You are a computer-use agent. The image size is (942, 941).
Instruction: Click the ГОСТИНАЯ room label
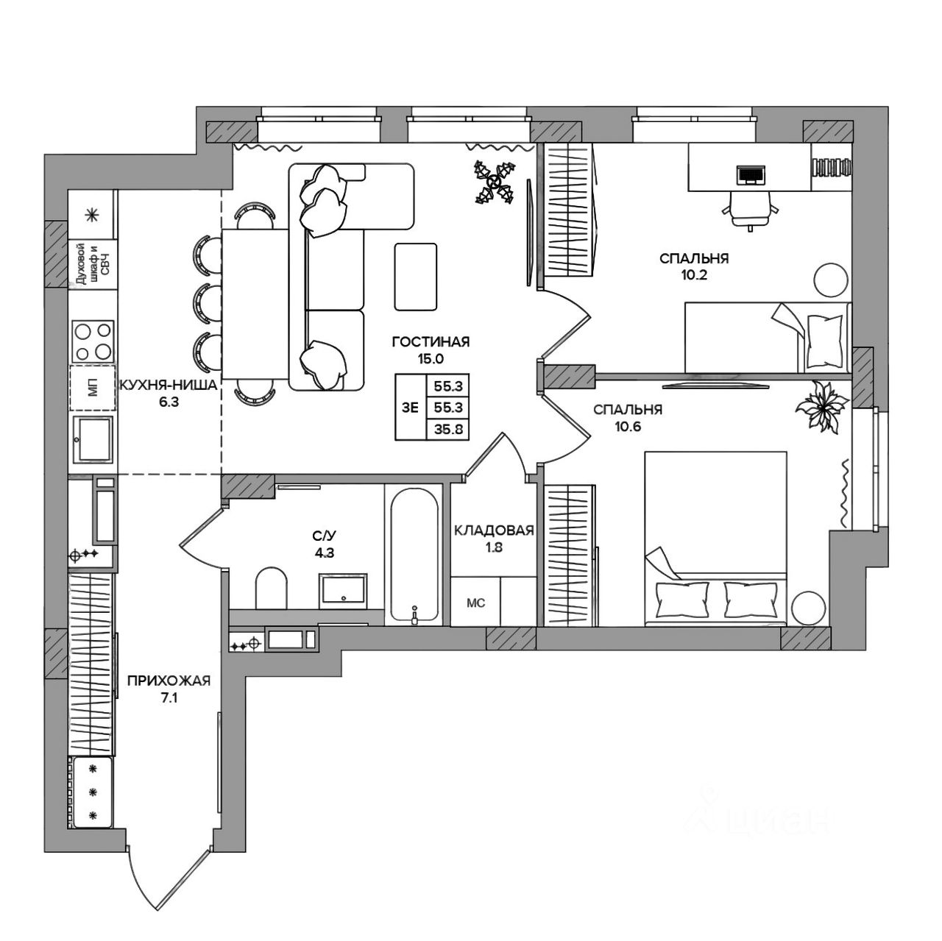click(431, 342)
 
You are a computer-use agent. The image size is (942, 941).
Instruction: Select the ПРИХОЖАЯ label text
click(169, 681)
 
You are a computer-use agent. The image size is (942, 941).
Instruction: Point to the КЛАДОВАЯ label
click(493, 530)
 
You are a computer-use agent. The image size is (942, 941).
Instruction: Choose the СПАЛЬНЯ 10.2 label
click(694, 258)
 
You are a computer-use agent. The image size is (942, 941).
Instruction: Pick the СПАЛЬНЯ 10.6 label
click(628, 411)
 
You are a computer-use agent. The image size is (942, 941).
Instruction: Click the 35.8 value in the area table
click(447, 430)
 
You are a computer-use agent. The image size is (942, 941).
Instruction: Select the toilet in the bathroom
click(270, 587)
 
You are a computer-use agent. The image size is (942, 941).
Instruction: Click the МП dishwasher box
click(93, 388)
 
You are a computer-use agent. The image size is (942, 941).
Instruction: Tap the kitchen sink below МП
click(93, 439)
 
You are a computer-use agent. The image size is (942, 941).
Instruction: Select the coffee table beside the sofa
click(416, 276)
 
